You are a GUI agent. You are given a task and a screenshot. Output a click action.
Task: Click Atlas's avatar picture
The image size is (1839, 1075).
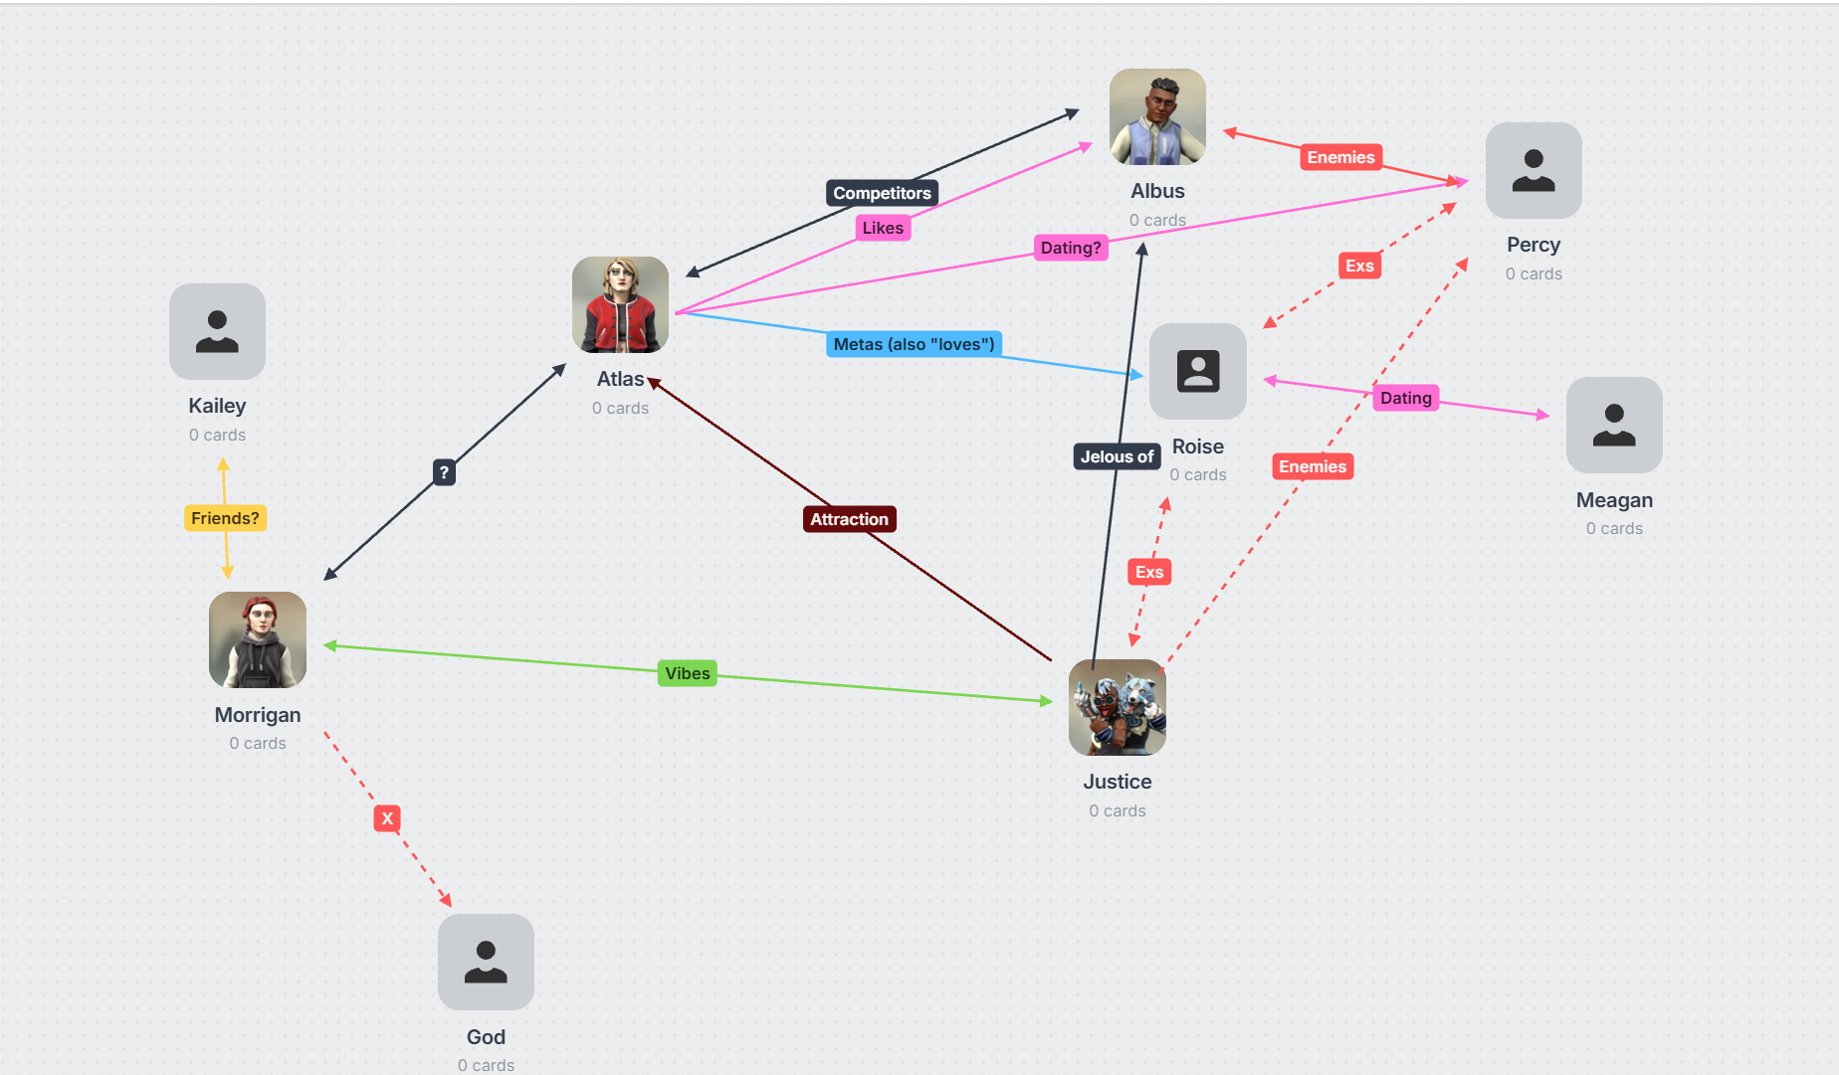point(620,304)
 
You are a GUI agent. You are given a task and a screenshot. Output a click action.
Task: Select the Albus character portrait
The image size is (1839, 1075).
point(1157,116)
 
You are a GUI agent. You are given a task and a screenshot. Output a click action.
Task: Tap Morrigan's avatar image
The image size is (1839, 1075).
point(258,639)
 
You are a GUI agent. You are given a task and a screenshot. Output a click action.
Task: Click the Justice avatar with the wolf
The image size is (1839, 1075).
point(1117,707)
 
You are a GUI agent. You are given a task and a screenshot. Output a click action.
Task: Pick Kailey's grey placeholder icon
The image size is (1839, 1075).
point(217,331)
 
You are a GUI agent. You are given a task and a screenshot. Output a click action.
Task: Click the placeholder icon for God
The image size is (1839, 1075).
point(486,962)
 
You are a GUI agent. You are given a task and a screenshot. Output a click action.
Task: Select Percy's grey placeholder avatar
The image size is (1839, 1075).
point(1532,170)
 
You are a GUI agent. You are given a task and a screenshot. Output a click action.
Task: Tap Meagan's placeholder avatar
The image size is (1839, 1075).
point(1613,425)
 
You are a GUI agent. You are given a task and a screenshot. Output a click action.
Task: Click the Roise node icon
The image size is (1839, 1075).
point(1197,371)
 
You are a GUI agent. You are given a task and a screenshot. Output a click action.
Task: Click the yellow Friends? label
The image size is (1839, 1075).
point(225,518)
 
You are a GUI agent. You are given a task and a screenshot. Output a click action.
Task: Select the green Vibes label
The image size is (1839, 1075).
point(688,673)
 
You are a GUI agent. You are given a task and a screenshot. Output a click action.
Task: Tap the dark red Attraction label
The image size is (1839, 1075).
point(849,519)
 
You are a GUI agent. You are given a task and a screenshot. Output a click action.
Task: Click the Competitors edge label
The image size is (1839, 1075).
point(882,193)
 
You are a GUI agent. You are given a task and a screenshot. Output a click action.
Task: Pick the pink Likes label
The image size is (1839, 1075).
point(883,228)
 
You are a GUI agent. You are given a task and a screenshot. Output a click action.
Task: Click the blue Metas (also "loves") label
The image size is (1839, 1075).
point(914,344)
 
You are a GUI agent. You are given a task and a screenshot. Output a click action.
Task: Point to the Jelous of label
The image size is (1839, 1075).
point(1117,456)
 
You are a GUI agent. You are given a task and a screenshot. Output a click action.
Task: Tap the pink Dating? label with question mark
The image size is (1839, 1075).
point(1071,248)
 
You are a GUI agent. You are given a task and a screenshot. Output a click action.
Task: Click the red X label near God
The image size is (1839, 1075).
point(387,818)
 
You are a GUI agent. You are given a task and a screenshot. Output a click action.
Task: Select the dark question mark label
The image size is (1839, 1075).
point(444,472)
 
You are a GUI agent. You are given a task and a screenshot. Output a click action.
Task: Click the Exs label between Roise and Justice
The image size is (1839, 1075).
point(1149,572)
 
